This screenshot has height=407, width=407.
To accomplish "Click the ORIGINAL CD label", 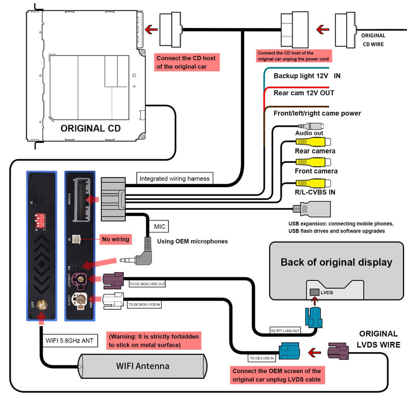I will click(x=91, y=128).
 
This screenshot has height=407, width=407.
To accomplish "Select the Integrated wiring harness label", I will click(x=175, y=179).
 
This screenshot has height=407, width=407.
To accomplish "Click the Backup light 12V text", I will click(x=303, y=76).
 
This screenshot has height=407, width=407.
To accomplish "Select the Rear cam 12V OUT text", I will click(x=304, y=93).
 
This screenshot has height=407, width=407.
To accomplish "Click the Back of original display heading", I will click(x=336, y=263).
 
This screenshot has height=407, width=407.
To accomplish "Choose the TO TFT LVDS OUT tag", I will click(x=285, y=331).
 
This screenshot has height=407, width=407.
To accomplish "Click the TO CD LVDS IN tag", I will click(x=262, y=358).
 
